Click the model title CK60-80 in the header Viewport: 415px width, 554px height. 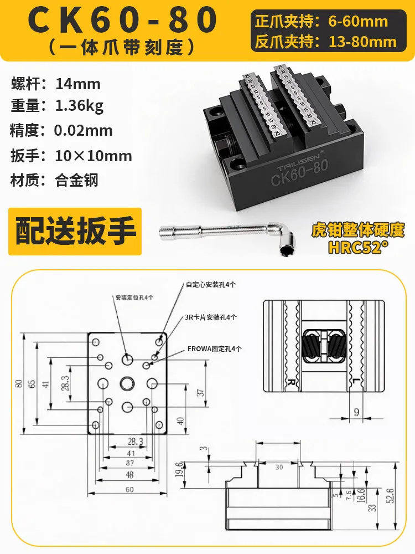(122, 19)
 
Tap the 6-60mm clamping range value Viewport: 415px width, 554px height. (358, 22)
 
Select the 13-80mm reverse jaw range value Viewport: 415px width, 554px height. (363, 42)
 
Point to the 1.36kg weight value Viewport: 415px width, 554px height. (79, 106)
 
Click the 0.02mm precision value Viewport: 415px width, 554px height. (84, 131)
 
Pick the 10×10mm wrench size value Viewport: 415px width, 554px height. (94, 156)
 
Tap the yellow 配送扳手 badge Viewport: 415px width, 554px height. (75, 232)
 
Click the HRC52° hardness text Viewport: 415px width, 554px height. (355, 247)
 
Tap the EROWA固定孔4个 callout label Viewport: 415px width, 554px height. (215, 349)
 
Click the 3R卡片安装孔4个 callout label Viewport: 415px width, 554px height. (211, 317)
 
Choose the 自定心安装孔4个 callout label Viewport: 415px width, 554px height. (211, 284)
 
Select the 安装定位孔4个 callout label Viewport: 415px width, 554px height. (134, 297)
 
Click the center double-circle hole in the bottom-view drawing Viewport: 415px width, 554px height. (127, 383)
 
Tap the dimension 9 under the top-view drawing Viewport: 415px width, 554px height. (356, 412)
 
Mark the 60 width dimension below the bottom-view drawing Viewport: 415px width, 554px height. (129, 490)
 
